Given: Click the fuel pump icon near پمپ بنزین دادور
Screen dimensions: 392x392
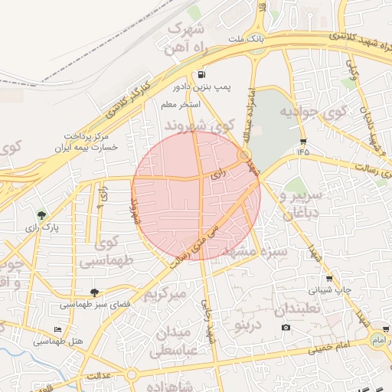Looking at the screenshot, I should (x=201, y=75).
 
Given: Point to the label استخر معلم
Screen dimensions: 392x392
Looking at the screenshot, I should (x=181, y=104).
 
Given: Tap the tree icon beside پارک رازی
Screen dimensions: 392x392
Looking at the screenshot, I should (x=41, y=215).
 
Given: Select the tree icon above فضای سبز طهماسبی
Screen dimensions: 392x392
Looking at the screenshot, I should (x=94, y=292).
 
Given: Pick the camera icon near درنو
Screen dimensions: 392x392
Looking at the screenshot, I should (x=286, y=328).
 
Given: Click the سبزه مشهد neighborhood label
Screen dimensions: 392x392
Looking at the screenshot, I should (x=263, y=250).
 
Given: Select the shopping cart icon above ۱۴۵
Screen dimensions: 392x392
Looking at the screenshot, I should (x=303, y=142).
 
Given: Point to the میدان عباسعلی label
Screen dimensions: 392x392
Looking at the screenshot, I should (x=177, y=343).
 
